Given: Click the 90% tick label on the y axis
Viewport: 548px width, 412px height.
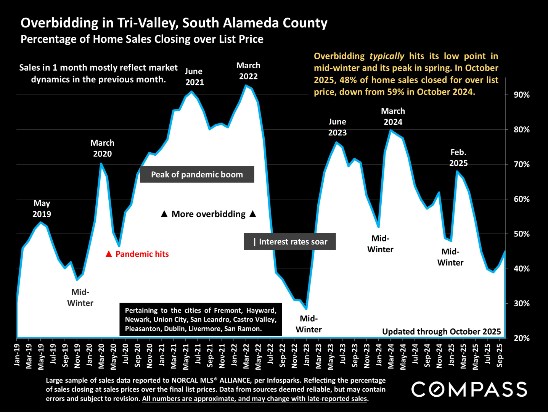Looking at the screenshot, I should click(x=521, y=95).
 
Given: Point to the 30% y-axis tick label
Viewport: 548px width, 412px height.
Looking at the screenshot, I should click(x=521, y=304).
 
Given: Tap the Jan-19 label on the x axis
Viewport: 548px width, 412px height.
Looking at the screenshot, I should click(x=17, y=355).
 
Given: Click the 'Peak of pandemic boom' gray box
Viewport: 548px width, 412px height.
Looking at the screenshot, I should click(x=197, y=174).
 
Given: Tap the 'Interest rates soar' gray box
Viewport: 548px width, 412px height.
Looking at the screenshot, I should click(x=290, y=241).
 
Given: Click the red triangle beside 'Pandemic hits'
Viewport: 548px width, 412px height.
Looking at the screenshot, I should click(x=109, y=254).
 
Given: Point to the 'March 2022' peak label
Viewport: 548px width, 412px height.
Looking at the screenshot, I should click(x=248, y=71).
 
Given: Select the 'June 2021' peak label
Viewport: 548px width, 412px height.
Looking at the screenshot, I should click(x=194, y=77).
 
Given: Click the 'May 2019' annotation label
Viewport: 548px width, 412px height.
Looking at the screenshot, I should click(x=42, y=209).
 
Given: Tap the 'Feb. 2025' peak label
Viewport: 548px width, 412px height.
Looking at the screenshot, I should click(x=458, y=158).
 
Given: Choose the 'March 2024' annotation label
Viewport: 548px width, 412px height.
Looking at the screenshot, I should click(x=393, y=116).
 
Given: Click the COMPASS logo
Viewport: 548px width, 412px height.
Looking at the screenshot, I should click(x=469, y=389).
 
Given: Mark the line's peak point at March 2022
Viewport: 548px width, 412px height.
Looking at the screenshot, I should click(x=246, y=85).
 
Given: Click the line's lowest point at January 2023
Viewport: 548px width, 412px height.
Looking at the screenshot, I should click(x=306, y=309).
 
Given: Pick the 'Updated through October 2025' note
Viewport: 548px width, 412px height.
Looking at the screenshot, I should click(x=441, y=332).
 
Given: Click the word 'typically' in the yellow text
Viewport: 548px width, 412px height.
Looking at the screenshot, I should click(x=387, y=56).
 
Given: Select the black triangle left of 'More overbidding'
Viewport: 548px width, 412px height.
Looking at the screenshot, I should click(x=164, y=214).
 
